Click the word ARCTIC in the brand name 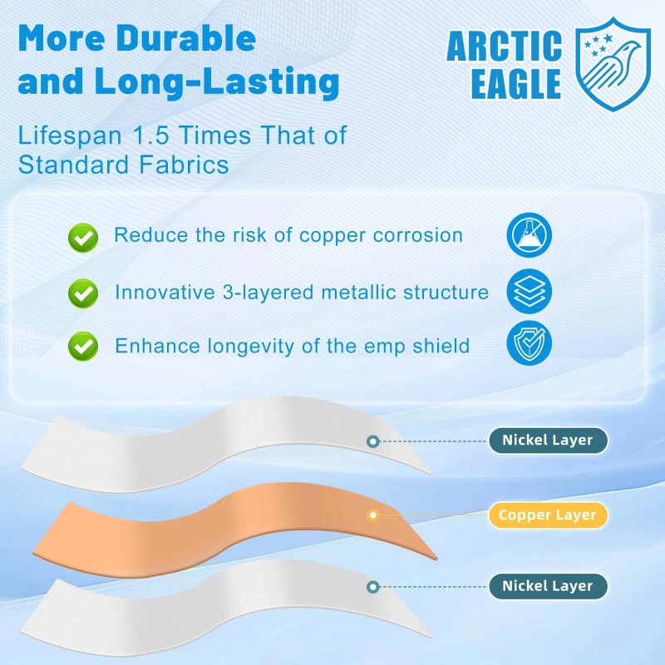(505, 47)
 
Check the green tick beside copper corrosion (82, 238)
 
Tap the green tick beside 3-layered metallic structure (82, 293)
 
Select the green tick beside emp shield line (82, 345)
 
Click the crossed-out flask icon (529, 235)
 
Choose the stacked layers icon (529, 291)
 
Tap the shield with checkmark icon (529, 344)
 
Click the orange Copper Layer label (548, 515)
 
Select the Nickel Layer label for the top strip (548, 441)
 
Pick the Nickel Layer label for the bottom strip (548, 586)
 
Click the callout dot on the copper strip (373, 515)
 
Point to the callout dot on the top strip (372, 441)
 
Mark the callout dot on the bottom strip (373, 586)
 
